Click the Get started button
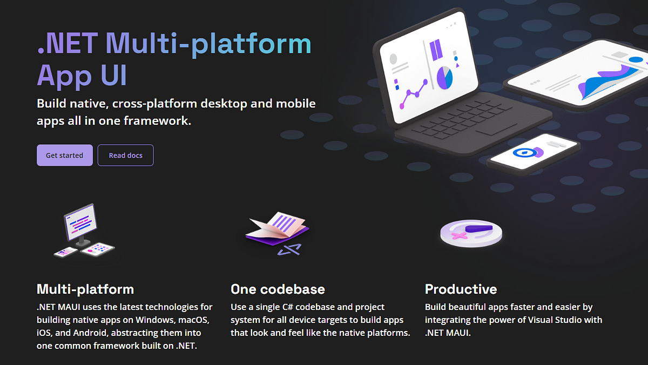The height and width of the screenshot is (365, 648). tap(64, 156)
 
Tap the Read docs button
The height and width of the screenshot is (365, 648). tap(126, 156)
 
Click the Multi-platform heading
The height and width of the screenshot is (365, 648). tap(85, 289)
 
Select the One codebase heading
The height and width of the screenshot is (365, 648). tap(278, 289)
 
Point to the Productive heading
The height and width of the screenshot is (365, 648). tap(461, 289)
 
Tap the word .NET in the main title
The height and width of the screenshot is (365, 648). tap(67, 43)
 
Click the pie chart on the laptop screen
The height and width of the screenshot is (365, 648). tap(444, 77)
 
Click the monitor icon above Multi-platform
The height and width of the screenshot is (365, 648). tap(80, 222)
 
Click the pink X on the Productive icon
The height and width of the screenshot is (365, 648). tap(459, 236)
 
